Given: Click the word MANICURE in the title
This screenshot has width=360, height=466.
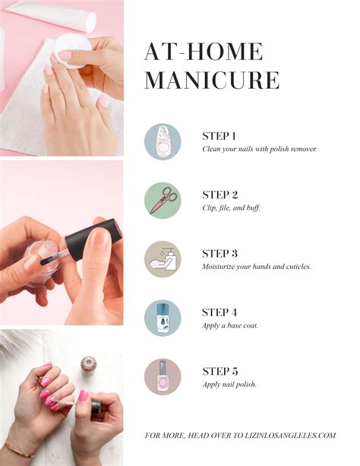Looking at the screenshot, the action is click(x=212, y=80).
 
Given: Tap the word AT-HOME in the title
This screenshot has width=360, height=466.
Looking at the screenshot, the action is click(x=204, y=52).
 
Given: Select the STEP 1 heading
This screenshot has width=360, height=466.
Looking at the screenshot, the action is click(x=219, y=136).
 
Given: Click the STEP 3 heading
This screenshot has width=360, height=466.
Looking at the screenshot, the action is click(x=219, y=254).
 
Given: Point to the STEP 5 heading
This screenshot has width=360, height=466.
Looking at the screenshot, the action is click(x=220, y=371).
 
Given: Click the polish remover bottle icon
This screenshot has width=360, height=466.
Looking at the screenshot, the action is click(x=163, y=141).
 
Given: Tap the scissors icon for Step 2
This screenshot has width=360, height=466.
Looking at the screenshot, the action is click(x=163, y=201).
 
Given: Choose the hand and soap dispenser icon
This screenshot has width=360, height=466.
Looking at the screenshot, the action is click(x=163, y=259).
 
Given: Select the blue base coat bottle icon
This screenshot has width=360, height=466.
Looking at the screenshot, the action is click(x=163, y=318).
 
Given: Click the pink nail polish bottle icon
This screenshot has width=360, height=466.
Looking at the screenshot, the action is click(x=163, y=377).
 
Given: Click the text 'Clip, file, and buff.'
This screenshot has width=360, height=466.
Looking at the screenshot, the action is click(x=232, y=208).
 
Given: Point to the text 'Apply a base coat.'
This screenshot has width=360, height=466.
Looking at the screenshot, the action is click(x=230, y=325).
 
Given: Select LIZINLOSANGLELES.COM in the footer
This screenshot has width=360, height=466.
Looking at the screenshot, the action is click(x=290, y=436).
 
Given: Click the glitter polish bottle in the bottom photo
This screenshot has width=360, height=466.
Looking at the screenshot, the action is click(x=89, y=363).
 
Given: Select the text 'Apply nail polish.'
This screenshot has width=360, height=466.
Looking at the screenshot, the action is click(x=229, y=385).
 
